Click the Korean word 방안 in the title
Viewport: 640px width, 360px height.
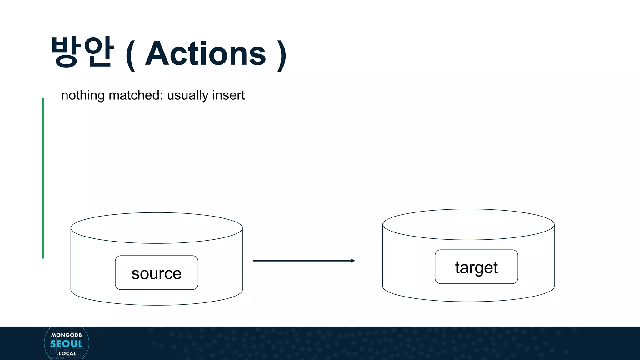(x=82, y=52)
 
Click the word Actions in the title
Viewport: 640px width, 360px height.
(x=206, y=54)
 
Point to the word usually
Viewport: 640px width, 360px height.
(x=187, y=95)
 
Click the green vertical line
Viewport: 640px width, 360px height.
(x=43, y=178)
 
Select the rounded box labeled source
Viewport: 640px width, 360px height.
(x=157, y=273)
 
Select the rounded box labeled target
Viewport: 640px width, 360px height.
(x=476, y=267)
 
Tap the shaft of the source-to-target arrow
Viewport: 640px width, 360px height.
(x=300, y=261)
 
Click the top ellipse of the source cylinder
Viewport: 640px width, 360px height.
(x=157, y=228)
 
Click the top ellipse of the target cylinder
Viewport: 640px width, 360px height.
(x=468, y=224)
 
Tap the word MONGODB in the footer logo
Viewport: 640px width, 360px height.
(x=67, y=335)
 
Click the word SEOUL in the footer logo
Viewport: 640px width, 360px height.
(x=67, y=344)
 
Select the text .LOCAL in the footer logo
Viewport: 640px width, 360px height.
(x=67, y=353)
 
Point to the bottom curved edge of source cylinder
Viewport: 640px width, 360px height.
(x=157, y=305)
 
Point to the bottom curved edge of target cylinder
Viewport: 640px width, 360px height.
(x=468, y=302)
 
